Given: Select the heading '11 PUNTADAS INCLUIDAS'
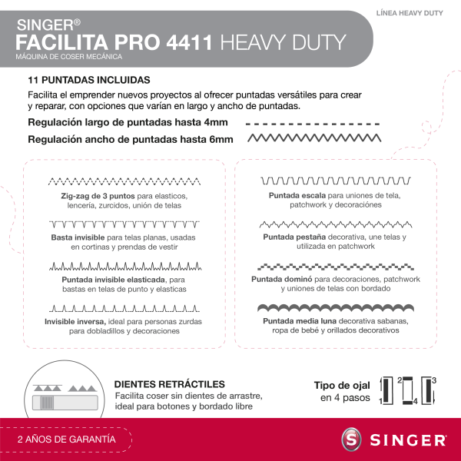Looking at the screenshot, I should [x=88, y=80].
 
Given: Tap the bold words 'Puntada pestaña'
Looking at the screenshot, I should [x=294, y=237].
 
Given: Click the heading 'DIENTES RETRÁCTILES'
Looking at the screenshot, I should [x=169, y=384].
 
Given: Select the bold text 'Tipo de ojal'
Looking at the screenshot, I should [x=342, y=385].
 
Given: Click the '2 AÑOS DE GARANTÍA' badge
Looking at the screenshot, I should [x=67, y=439].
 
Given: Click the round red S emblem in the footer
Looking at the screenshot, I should [x=352, y=440].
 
